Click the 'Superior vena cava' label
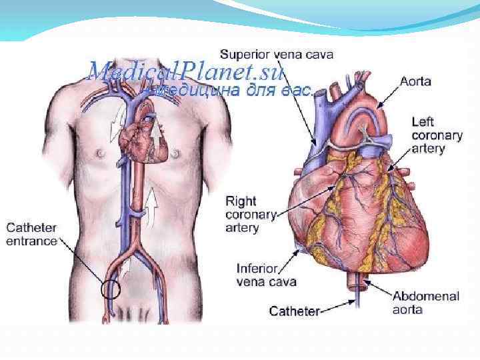[277, 53]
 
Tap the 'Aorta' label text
[415, 82]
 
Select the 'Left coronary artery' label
[437, 135]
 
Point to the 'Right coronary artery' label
[251, 214]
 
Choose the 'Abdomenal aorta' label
[425, 303]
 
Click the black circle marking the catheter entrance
[110, 289]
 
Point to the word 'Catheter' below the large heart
[294, 311]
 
